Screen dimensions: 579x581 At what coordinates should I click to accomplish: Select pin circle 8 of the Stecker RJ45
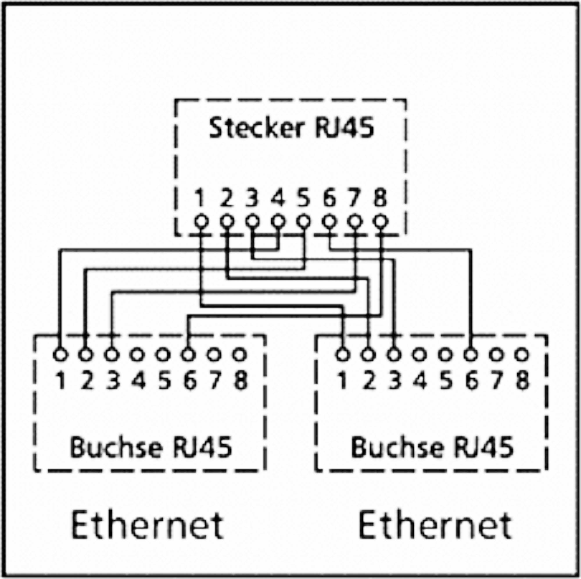coord(381,222)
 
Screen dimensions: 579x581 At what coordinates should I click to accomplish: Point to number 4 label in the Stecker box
coord(278,198)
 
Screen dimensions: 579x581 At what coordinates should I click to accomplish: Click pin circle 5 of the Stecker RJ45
coord(304,222)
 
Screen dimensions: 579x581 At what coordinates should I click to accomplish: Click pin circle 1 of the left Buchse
coord(60,355)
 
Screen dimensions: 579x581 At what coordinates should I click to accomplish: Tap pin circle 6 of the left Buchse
coord(188,355)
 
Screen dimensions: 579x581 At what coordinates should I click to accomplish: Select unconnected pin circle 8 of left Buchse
coord(240,355)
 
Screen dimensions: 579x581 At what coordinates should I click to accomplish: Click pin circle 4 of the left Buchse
coord(137,355)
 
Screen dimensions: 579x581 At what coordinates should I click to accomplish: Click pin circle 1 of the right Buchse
coord(342,355)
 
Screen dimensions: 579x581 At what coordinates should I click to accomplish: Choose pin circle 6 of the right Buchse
coord(471,355)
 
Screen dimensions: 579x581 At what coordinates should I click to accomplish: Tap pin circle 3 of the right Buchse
coord(394,355)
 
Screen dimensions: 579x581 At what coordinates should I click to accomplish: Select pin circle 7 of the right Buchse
coord(496,355)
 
